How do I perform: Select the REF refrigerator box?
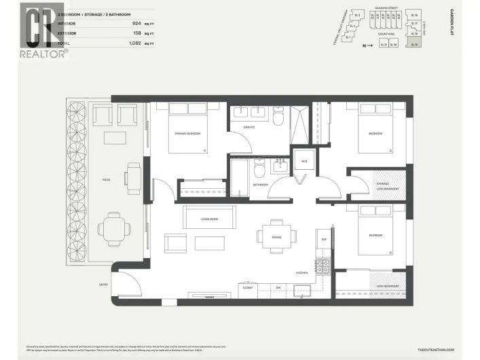pyautogui.click(x=324, y=240)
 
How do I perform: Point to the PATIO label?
pyautogui.click(x=107, y=180)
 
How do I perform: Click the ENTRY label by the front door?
pyautogui.click(x=103, y=284)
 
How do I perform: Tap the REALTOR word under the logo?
pyautogui.click(x=43, y=52)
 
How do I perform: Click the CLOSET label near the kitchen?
pyautogui.click(x=248, y=287)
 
